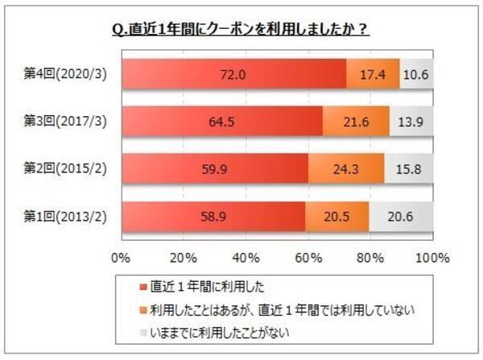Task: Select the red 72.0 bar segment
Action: tap(233, 74)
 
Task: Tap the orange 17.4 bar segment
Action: tap(373, 74)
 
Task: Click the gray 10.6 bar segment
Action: tap(417, 74)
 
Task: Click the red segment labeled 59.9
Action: tap(214, 169)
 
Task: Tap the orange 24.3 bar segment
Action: tap(346, 169)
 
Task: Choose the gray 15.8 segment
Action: tap(409, 169)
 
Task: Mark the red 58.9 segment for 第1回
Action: tap(213, 217)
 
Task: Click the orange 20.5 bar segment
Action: tap(337, 217)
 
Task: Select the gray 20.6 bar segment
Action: tap(402, 217)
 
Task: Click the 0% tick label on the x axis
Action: tap(121, 258)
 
